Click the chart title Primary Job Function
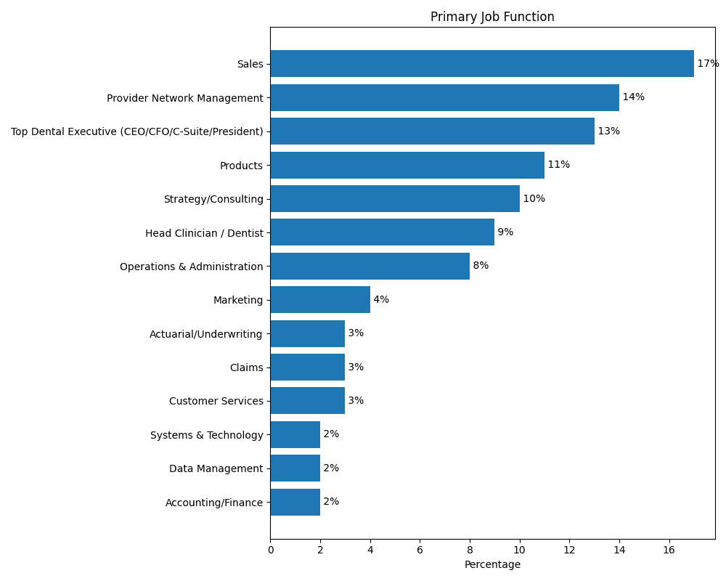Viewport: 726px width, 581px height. tap(492, 17)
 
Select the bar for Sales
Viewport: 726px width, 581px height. tap(482, 64)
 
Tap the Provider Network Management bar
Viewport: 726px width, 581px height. tap(444, 97)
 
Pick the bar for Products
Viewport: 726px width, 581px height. tap(407, 165)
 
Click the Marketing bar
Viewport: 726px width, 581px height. tap(320, 300)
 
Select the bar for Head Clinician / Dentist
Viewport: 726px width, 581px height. tap(382, 232)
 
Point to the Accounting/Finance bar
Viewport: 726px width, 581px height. tap(295, 502)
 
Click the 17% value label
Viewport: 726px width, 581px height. tap(708, 64)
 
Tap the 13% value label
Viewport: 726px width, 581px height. tap(608, 131)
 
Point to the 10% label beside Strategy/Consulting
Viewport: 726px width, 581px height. tap(534, 199)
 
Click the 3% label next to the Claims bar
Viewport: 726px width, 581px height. tap(356, 367)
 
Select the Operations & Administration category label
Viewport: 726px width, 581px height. tap(192, 267)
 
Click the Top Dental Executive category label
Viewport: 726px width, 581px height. tap(137, 131)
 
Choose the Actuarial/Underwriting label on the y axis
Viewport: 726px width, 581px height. tap(206, 334)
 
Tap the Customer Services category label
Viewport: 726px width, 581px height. tap(216, 401)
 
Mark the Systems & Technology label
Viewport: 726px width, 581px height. tap(207, 435)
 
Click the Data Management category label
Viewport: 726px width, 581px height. tap(216, 468)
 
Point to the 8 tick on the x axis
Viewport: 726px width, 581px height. tap(470, 550)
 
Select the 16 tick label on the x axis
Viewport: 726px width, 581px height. tap(669, 550)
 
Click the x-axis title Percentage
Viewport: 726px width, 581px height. tap(492, 564)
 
